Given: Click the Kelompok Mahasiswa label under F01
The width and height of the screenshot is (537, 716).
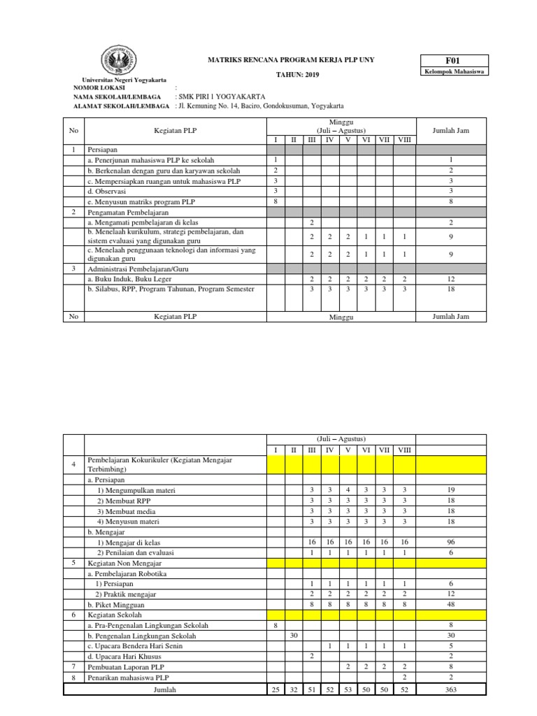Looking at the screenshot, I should point(454,71).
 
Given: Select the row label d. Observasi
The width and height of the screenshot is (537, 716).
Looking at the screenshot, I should point(105,191).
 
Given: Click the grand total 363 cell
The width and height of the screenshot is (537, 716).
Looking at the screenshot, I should point(450,689).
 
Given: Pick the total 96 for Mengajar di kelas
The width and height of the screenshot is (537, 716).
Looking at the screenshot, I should point(450,541).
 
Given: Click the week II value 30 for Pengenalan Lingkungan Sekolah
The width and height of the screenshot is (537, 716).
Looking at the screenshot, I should point(294,636).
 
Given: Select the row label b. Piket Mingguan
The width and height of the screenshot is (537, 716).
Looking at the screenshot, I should point(116,604).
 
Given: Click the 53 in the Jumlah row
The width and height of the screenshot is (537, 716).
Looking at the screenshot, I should point(348,689).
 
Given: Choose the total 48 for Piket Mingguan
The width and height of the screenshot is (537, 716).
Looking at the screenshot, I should point(450,604).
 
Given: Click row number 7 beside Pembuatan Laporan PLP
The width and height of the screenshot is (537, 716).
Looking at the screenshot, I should point(73,667).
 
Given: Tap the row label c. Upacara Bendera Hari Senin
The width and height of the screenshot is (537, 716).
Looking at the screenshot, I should point(138,646).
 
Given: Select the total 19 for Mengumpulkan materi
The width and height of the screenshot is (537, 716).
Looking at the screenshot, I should point(450,490).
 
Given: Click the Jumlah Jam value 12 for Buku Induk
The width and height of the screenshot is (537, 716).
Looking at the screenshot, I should point(450,278).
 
